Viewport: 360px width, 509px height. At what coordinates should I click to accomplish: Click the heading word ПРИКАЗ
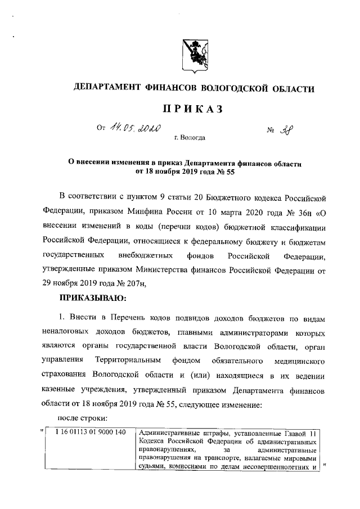194,109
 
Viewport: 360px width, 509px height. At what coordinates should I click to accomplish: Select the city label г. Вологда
190,137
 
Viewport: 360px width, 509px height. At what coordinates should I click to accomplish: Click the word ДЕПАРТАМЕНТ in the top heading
114,88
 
